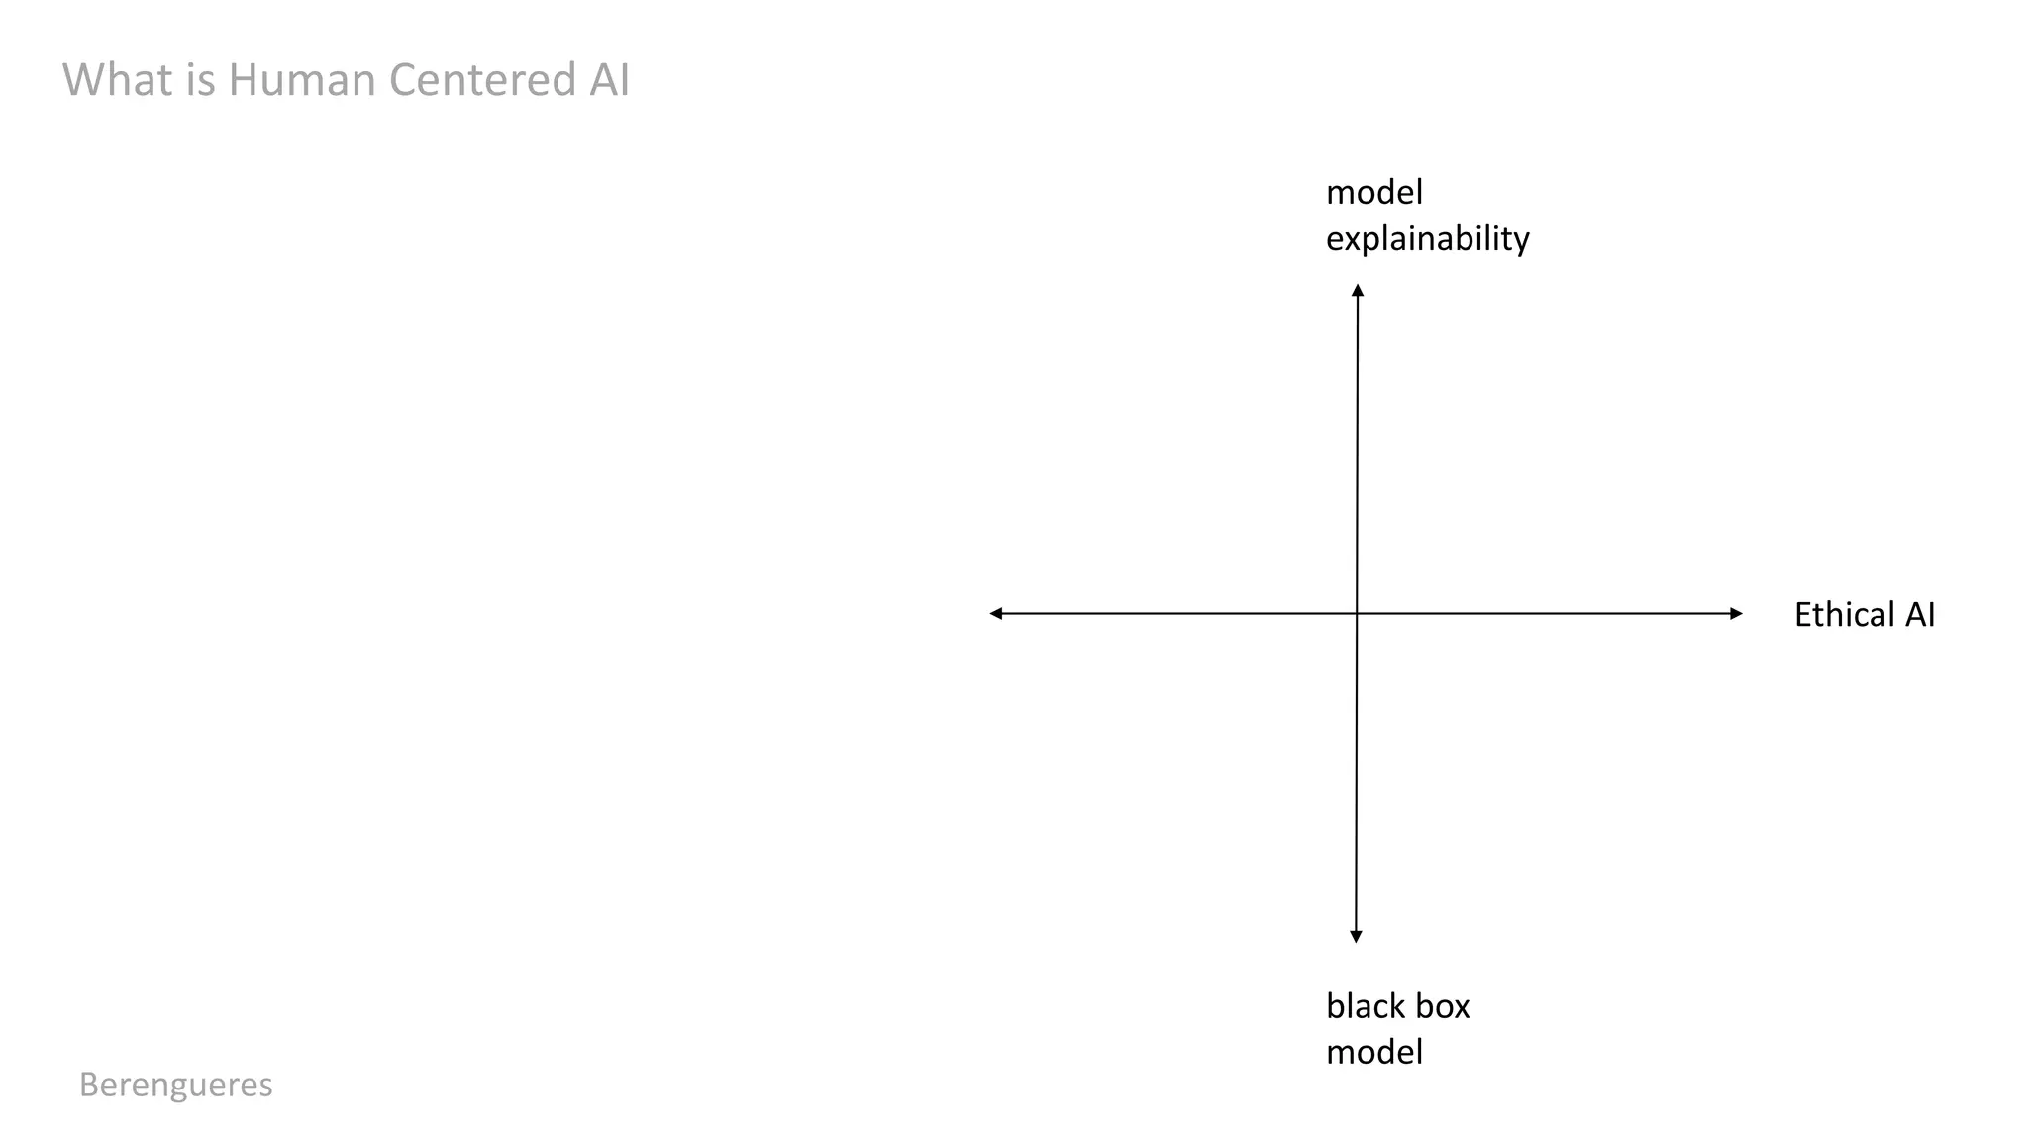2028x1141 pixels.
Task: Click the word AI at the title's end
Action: tap(609, 80)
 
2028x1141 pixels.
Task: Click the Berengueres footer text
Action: tap(175, 1085)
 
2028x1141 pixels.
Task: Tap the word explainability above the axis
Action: tap(1427, 239)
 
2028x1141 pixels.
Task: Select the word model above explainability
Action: tap(1373, 192)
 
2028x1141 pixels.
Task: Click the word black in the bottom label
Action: tap(1362, 1006)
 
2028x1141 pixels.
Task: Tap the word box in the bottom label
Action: tap(1442, 1006)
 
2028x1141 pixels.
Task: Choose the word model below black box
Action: tap(1373, 1052)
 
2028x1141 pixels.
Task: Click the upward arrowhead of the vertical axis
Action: tap(1358, 290)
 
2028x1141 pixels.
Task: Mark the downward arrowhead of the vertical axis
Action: tap(1356, 936)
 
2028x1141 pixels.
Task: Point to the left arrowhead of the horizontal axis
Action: tap(996, 614)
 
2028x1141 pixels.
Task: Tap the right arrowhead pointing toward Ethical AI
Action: tap(1736, 614)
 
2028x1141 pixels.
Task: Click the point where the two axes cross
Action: tap(1357, 614)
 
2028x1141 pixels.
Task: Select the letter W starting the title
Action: tap(82, 80)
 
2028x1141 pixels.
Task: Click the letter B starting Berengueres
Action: tap(88, 1085)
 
